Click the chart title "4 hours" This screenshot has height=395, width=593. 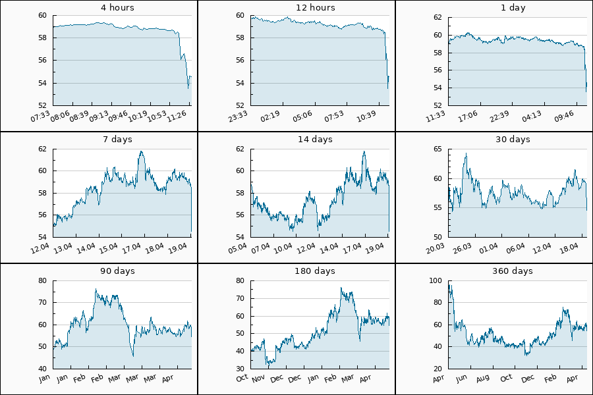point(99,8)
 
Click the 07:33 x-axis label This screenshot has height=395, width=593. point(41,116)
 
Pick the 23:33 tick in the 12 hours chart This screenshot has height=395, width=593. point(239,116)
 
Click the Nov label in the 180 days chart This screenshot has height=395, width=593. point(258,378)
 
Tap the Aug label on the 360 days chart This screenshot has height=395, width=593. point(483,378)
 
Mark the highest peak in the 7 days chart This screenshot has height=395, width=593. point(141,151)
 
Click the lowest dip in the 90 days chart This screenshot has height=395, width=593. point(133,355)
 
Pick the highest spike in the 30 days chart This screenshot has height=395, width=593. point(466,154)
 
